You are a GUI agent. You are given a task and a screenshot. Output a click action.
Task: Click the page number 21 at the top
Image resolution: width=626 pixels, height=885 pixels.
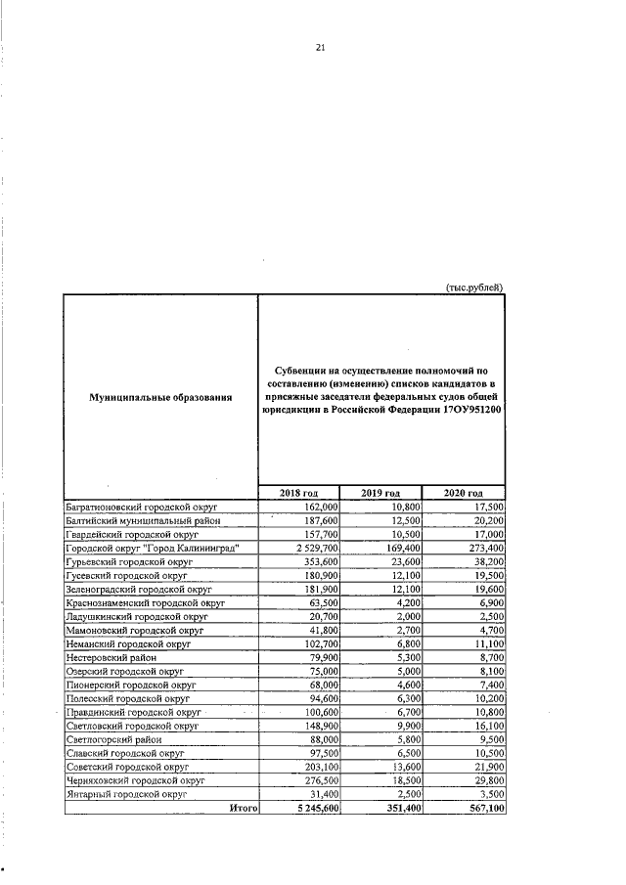click(x=320, y=47)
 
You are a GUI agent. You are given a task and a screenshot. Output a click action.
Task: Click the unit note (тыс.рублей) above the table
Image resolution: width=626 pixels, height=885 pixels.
click(x=474, y=287)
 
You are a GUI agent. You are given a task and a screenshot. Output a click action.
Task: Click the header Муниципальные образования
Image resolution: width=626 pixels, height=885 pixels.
click(x=160, y=398)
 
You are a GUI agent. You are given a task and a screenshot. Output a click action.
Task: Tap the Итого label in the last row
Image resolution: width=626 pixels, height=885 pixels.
click(x=242, y=810)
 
